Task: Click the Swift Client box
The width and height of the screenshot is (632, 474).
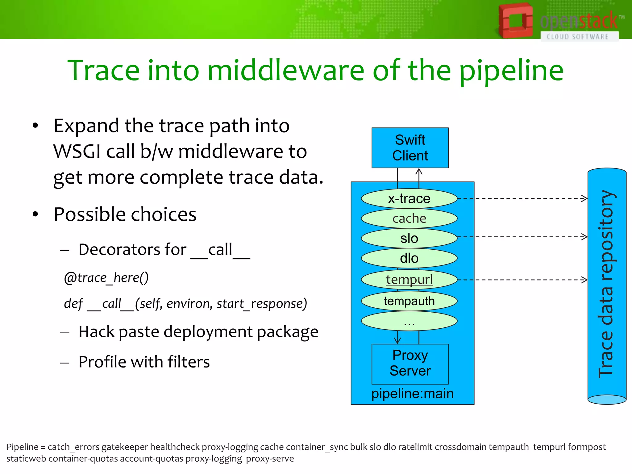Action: click(x=410, y=148)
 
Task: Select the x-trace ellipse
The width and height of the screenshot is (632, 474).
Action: click(x=409, y=198)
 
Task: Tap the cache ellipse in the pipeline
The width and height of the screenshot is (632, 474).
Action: click(x=409, y=218)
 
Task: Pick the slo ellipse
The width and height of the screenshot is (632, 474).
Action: click(x=409, y=238)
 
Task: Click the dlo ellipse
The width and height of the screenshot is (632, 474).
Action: click(x=409, y=258)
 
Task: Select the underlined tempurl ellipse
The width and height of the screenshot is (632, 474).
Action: click(x=409, y=280)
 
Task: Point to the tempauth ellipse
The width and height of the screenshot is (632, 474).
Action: click(x=409, y=301)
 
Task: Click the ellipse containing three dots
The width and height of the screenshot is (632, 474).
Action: click(x=409, y=321)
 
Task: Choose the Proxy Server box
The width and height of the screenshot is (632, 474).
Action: click(x=410, y=364)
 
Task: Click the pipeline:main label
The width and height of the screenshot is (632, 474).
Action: click(x=412, y=393)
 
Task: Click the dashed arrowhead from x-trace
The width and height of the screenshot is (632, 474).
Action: click(x=584, y=198)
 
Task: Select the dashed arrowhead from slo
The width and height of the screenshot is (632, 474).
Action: click(x=584, y=237)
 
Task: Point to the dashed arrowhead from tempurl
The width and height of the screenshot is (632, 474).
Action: click(x=584, y=280)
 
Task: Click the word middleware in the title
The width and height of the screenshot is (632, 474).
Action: click(x=286, y=71)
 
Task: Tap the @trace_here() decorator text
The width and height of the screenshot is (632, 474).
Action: click(x=106, y=278)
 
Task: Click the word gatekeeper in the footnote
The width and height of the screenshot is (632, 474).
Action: click(x=125, y=447)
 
